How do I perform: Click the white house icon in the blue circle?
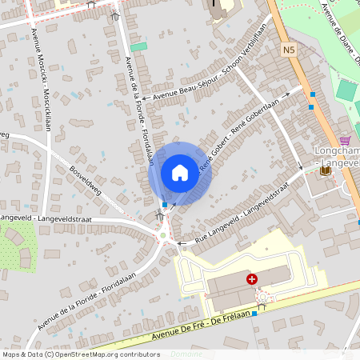coord(180,172)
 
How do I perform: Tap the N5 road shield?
coord(290,50)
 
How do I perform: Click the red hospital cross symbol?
coord(252,278)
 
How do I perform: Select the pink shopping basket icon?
coord(346,138)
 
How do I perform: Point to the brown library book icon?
coord(325,170)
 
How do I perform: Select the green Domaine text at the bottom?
coord(186,354)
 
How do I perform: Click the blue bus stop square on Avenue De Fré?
coord(255,314)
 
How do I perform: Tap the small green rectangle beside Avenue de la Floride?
coord(139,46)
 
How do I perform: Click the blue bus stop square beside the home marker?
coord(165,204)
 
